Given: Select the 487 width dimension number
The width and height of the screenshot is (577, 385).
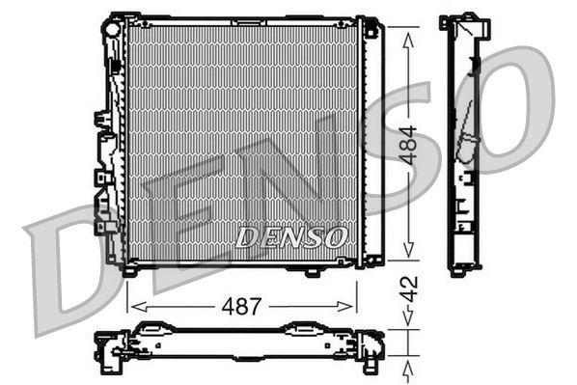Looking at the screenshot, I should click(x=242, y=307).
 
